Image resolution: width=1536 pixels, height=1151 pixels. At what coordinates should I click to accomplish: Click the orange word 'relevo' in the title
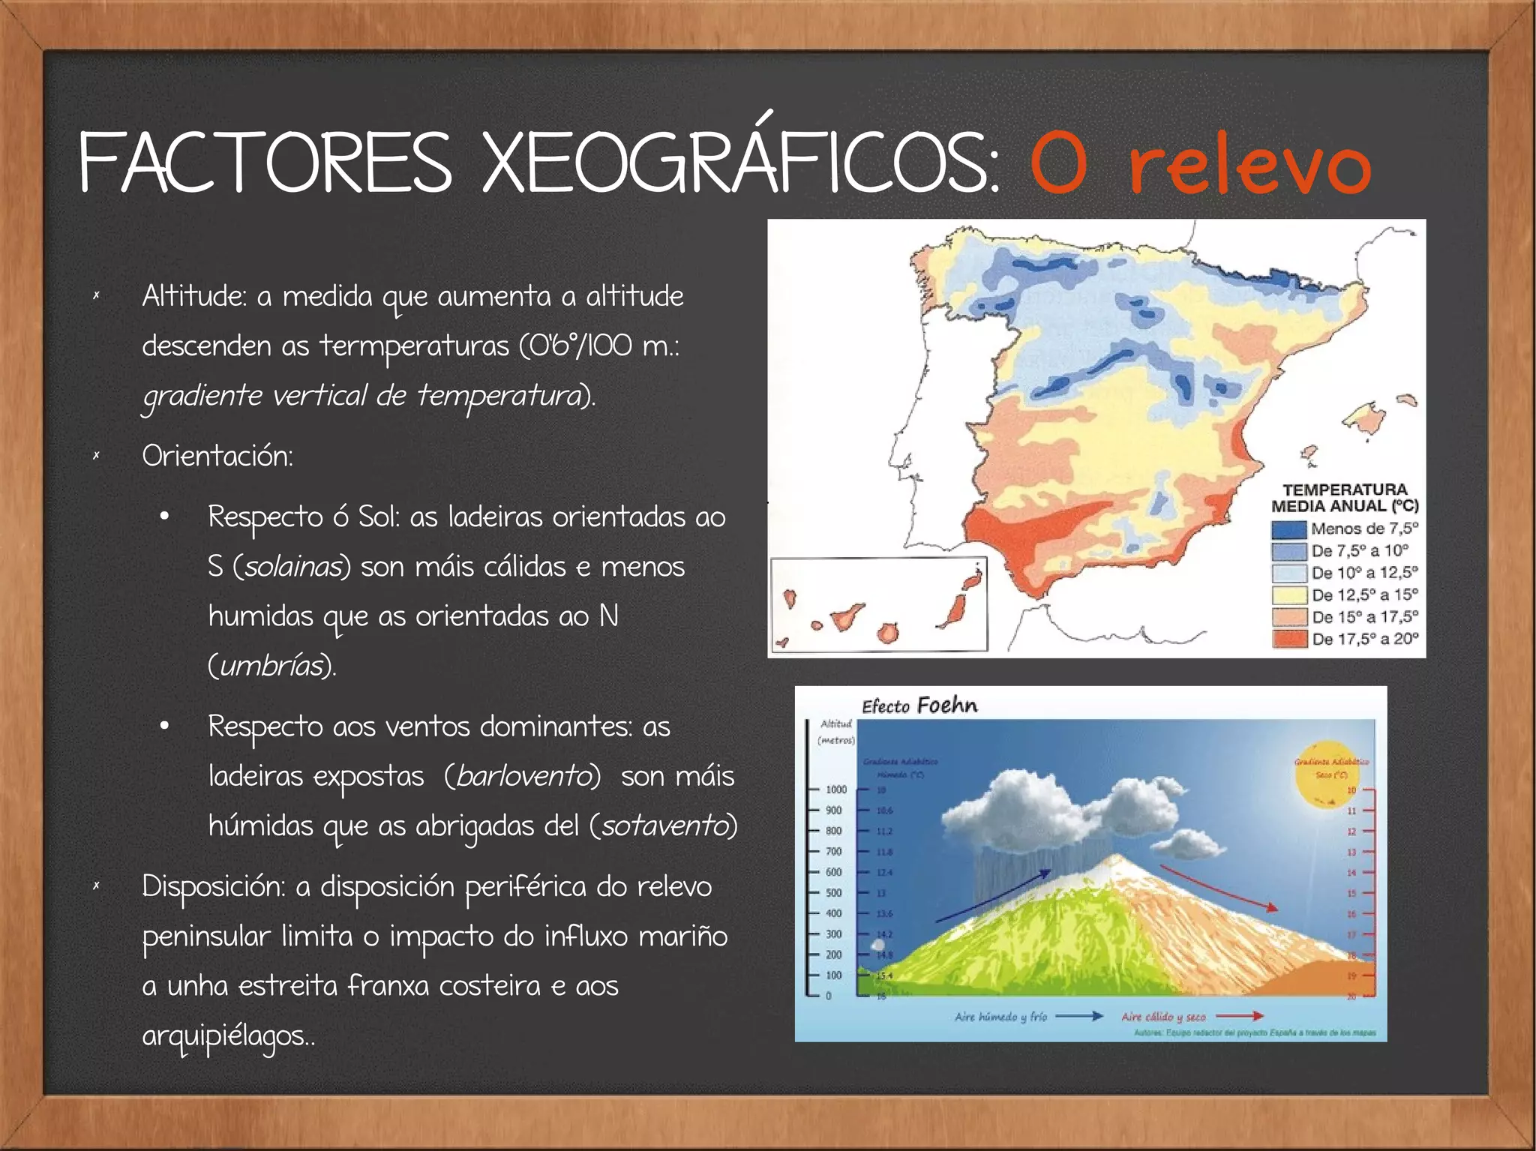point(1249,166)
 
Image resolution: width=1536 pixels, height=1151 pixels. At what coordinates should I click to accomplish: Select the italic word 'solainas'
point(292,567)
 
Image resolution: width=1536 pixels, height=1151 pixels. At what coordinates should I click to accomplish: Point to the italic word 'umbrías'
point(272,666)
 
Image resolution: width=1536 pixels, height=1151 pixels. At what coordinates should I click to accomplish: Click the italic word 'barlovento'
point(523,776)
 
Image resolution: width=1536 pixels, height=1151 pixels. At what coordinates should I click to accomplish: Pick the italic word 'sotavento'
point(664,826)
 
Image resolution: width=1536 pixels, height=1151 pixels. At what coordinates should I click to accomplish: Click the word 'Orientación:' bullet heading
point(217,456)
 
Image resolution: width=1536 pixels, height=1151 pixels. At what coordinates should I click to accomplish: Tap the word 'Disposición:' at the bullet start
point(213,886)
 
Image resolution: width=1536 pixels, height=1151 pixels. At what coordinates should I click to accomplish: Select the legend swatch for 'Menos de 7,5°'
point(1288,529)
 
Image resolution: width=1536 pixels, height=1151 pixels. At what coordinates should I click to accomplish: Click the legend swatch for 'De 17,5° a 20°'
point(1288,639)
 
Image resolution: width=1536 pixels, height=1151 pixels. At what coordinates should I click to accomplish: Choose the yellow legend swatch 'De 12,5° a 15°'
point(1288,595)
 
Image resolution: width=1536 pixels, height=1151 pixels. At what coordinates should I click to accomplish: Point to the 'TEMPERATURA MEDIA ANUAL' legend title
point(1345,498)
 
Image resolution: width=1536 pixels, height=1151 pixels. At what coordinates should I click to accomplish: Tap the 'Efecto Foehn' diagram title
point(919,706)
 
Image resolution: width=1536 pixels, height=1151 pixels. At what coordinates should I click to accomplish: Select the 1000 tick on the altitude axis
point(835,790)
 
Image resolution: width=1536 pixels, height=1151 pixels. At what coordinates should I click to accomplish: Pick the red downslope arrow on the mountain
point(1218,887)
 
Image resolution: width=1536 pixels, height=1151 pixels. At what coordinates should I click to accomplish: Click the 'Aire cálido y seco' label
point(1163,1017)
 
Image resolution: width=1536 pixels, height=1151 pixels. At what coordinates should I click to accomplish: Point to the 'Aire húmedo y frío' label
point(1000,1017)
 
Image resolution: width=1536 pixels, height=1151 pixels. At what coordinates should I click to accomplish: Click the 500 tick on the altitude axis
point(834,893)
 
